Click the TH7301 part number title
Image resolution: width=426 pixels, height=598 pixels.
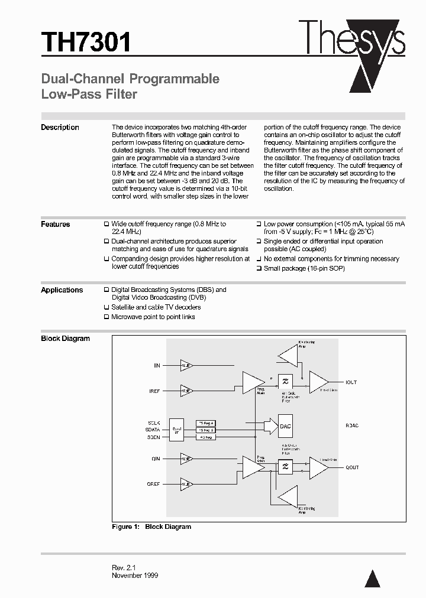click(x=86, y=43)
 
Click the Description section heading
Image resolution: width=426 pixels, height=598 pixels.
click(x=60, y=128)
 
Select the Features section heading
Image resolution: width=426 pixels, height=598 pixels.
click(x=55, y=225)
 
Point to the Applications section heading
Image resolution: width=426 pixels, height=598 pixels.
click(x=62, y=290)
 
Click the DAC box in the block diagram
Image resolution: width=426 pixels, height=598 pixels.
click(x=286, y=425)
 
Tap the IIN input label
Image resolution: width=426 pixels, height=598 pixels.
click(x=156, y=366)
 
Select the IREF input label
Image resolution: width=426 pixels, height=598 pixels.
click(x=154, y=391)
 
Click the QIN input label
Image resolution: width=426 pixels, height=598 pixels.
click(x=156, y=458)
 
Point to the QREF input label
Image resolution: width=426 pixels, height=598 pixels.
click(x=153, y=483)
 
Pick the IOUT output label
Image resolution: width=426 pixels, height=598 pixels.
click(x=351, y=382)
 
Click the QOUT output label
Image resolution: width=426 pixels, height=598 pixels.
click(x=352, y=467)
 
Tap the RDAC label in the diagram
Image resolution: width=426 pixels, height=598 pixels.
click(x=351, y=425)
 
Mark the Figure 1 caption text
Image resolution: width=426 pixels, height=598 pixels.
click(x=151, y=526)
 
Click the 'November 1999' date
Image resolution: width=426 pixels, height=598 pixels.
click(x=135, y=575)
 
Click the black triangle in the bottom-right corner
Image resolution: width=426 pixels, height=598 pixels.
click(x=372, y=579)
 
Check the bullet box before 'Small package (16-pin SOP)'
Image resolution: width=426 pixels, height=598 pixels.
click(x=259, y=268)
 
